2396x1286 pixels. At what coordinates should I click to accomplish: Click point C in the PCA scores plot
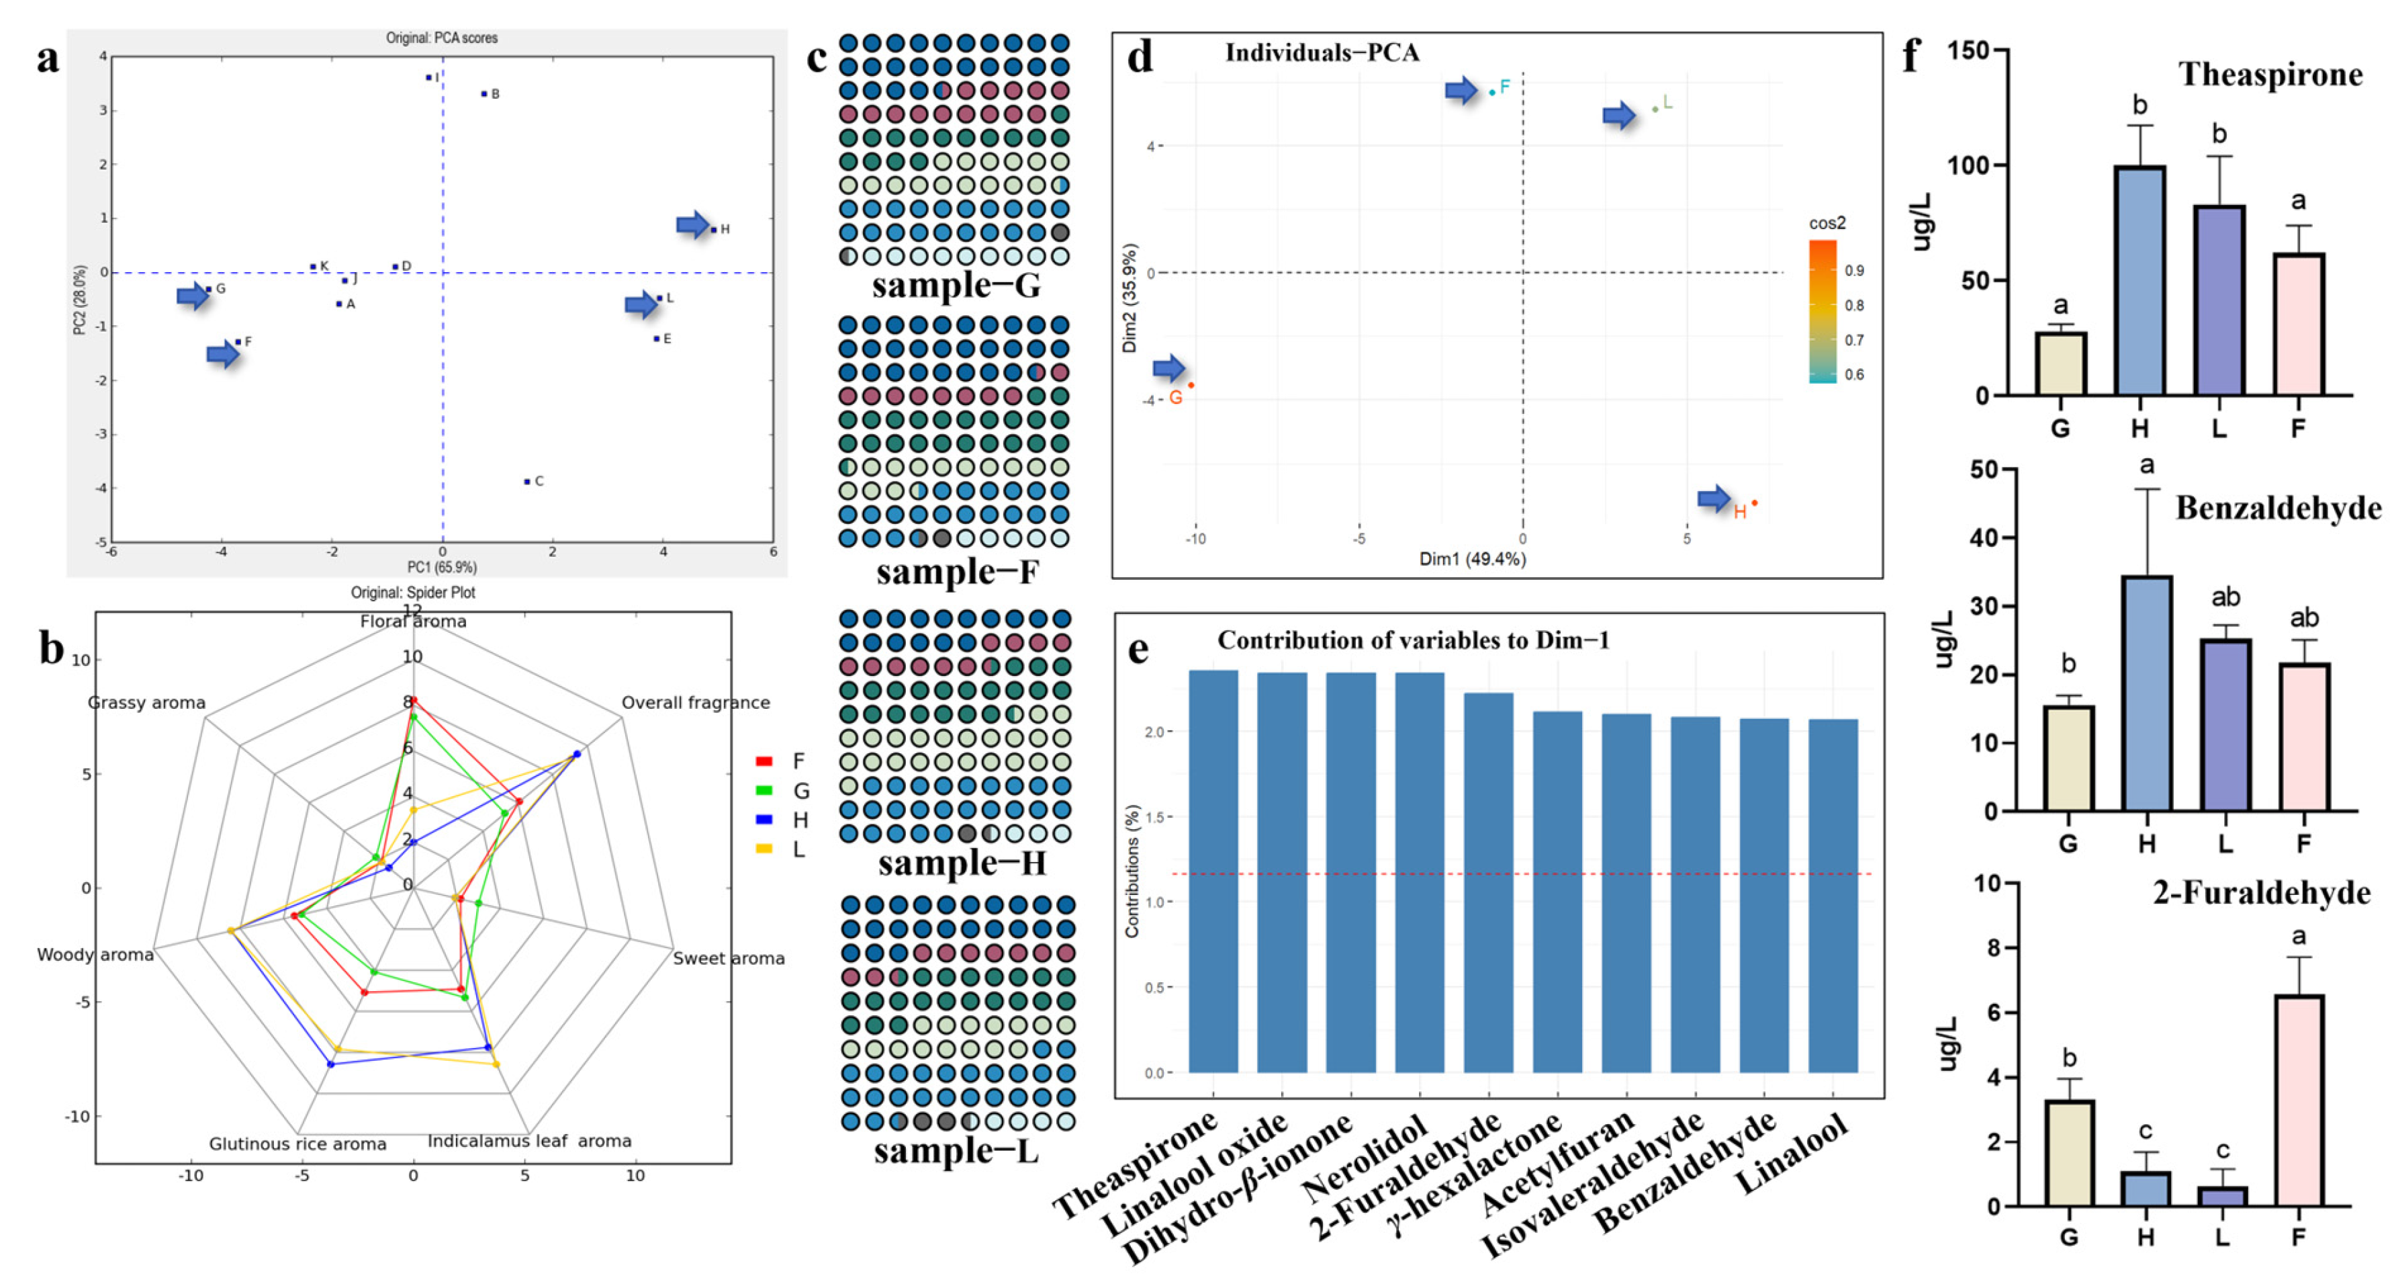(526, 481)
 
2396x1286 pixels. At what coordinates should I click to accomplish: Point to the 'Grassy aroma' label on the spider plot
(147, 703)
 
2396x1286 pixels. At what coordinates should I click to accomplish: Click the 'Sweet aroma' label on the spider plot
(729, 958)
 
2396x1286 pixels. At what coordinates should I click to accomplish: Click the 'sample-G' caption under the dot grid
(956, 285)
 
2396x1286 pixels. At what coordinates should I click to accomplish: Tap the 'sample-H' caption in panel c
(962, 863)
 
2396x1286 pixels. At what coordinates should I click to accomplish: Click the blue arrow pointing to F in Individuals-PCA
(1461, 90)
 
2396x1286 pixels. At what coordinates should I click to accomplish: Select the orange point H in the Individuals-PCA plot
(1754, 503)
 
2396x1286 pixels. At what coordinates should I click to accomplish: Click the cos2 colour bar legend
(1823, 312)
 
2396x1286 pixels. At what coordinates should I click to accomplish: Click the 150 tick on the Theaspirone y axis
(1968, 50)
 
